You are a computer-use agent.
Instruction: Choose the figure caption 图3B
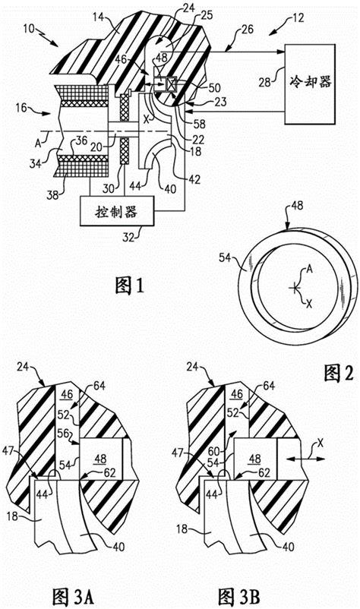tap(241, 592)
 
